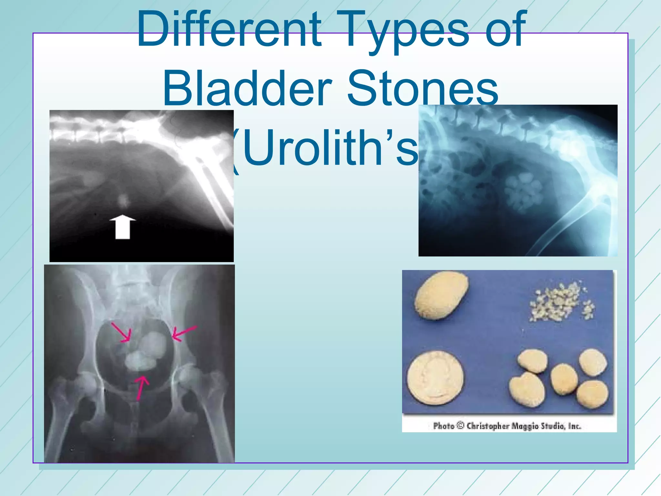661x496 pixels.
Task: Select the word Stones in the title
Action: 423,89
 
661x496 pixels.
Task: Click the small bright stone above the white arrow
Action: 123,200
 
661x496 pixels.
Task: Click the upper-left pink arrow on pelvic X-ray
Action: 121,332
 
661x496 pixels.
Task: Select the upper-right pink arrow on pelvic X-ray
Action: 184,333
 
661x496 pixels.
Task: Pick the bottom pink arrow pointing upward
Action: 141,387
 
